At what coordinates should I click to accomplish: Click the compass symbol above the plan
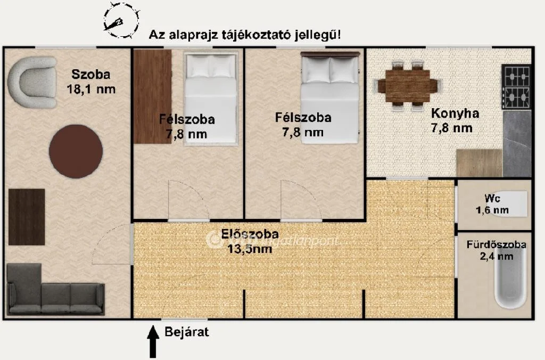[121, 21]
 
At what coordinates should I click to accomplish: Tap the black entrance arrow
[153, 341]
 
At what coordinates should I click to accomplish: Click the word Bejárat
[186, 333]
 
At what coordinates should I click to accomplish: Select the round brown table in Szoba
[76, 151]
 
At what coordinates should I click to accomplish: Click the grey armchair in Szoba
[32, 83]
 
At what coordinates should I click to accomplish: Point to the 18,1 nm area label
[91, 89]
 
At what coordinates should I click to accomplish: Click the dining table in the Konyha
[408, 86]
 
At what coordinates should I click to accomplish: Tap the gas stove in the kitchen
[517, 87]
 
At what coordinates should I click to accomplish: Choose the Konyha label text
[455, 113]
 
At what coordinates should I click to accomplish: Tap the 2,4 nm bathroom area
[497, 257]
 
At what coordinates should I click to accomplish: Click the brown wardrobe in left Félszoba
[152, 96]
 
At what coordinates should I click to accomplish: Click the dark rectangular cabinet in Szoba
[27, 217]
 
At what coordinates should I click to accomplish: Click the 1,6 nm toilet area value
[492, 210]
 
